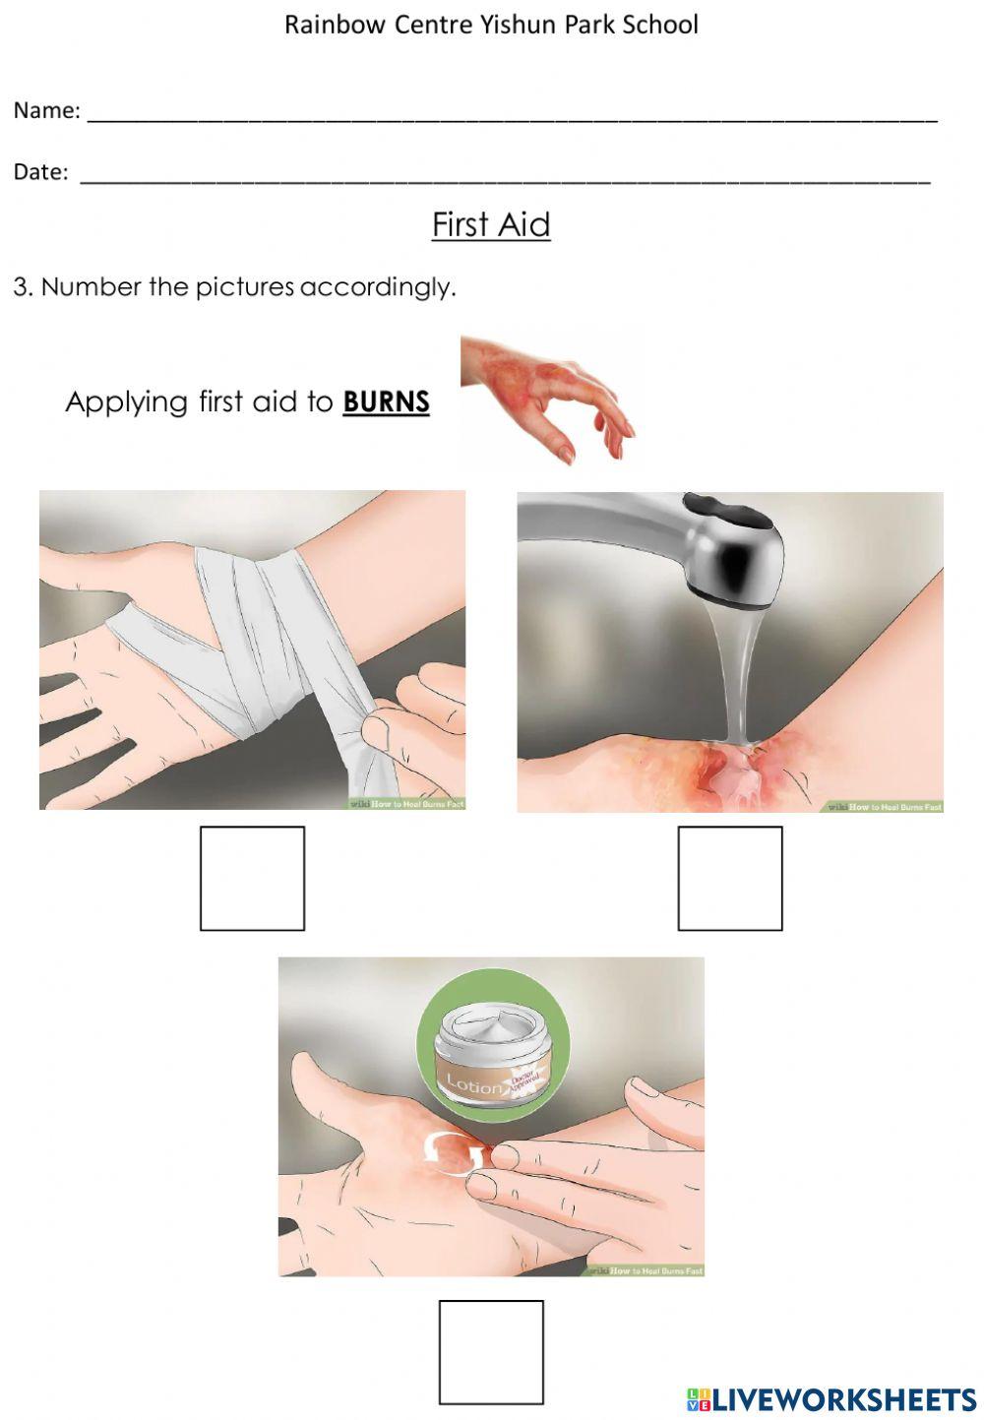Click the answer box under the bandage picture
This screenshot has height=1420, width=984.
coord(252,878)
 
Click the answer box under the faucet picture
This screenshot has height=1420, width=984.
coord(729,878)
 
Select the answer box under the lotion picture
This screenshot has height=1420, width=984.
coord(490,1352)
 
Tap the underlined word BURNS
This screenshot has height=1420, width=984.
coord(386,402)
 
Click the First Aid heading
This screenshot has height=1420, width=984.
coord(491,225)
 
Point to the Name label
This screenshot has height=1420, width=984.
coord(46,111)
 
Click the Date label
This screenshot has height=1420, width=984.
coord(40,172)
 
